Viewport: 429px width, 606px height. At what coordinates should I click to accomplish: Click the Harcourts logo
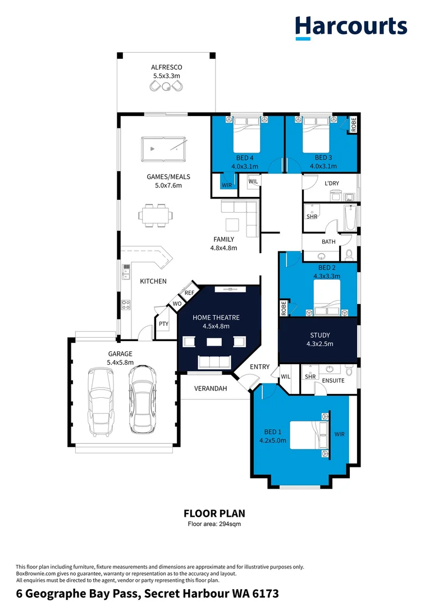351,27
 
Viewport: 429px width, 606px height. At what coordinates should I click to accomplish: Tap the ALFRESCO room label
167,67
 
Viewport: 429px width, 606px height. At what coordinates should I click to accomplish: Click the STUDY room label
320,335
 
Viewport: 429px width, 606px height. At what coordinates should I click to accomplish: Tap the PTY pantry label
163,324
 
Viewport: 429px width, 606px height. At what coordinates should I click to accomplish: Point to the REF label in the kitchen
189,292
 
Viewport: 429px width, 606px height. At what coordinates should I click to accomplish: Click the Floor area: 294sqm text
214,524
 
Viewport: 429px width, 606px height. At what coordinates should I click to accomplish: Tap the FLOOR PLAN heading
214,513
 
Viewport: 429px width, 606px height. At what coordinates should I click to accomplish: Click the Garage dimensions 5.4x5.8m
120,362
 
